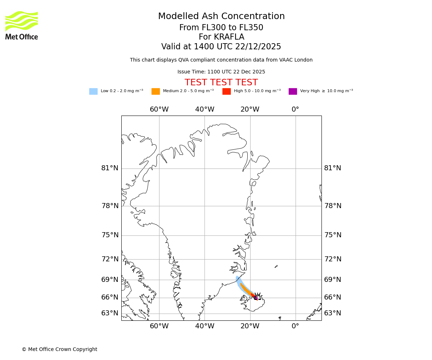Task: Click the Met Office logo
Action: click(x=22, y=25)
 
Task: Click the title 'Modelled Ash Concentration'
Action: click(x=221, y=17)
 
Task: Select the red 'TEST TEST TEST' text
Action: click(x=221, y=82)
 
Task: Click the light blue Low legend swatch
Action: click(x=93, y=91)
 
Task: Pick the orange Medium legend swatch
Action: click(x=156, y=91)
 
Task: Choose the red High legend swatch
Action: click(x=226, y=91)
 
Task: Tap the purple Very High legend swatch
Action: click(x=293, y=91)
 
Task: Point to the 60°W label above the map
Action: click(x=159, y=109)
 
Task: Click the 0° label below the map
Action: click(x=295, y=326)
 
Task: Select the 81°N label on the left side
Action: click(x=109, y=168)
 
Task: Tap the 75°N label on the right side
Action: click(x=333, y=235)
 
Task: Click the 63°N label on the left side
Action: click(x=109, y=313)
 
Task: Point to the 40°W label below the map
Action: click(x=204, y=326)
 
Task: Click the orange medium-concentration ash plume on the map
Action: click(x=246, y=289)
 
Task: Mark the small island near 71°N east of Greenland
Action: click(x=276, y=266)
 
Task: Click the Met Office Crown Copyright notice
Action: click(x=59, y=349)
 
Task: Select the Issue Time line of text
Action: click(x=221, y=72)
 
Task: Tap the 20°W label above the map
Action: click(x=250, y=109)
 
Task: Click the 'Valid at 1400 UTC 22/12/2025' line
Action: click(x=221, y=47)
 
